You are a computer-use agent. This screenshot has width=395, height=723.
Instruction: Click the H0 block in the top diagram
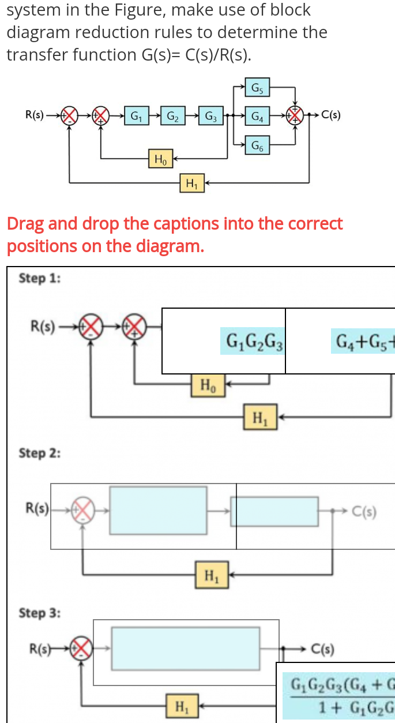point(159,158)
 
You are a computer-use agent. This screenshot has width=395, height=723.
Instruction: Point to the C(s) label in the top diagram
point(330,115)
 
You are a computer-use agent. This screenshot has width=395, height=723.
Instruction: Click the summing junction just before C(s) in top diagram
point(295,115)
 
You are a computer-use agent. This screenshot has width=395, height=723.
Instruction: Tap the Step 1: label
point(40,278)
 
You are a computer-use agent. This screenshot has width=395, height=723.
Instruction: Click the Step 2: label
point(40,453)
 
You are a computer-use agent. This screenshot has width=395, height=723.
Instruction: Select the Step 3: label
point(40,612)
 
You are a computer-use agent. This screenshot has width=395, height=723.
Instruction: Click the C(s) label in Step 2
point(364,511)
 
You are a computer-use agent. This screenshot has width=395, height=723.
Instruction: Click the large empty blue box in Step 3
point(186,649)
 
